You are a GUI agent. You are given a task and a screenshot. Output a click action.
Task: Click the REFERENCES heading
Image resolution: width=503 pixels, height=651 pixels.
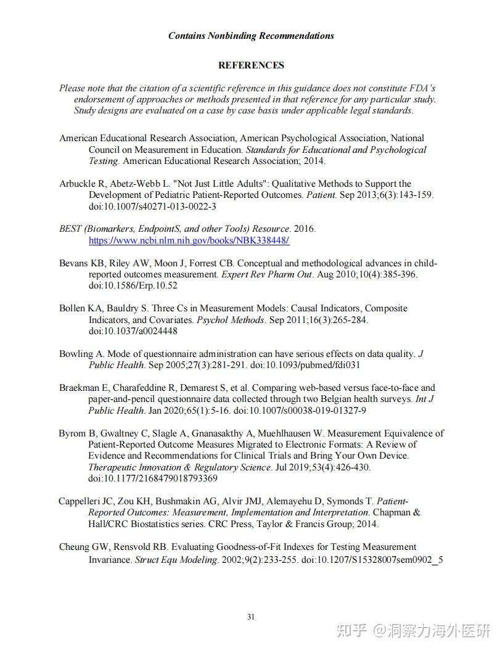(251, 65)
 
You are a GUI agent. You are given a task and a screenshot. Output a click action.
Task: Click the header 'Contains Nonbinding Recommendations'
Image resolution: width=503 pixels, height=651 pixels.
(251, 36)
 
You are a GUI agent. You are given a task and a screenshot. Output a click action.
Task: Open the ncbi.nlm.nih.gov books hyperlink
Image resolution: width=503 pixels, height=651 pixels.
(189, 240)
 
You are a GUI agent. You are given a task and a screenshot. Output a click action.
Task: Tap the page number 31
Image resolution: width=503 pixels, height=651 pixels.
(251, 617)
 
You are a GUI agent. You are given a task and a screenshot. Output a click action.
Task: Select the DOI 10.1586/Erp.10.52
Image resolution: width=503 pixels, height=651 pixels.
(133, 286)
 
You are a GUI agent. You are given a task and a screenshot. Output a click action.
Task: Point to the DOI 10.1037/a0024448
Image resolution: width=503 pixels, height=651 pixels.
(133, 331)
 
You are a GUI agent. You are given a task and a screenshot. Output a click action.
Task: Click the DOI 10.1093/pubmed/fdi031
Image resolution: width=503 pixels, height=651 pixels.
(305, 365)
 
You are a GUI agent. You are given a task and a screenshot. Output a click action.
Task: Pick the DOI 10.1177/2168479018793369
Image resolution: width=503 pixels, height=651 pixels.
(152, 478)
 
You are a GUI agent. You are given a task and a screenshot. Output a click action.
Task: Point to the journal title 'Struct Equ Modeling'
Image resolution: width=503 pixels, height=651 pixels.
(176, 560)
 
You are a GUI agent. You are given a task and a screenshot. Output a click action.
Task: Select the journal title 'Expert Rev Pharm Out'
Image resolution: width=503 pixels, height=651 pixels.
(267, 274)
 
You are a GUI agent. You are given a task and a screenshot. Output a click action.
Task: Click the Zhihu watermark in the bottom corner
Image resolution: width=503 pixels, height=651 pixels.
(412, 631)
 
